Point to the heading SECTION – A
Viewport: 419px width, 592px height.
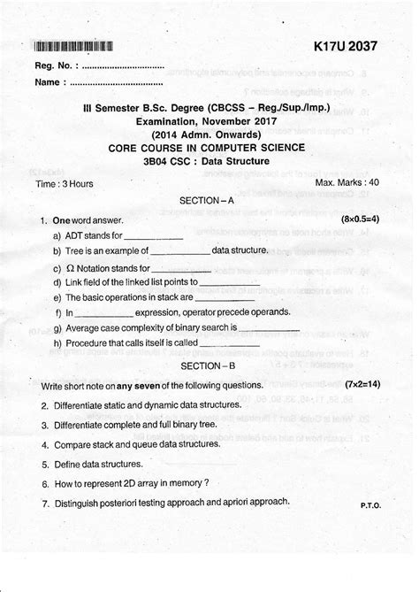coord(206,203)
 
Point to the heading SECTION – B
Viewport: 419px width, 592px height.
coord(206,365)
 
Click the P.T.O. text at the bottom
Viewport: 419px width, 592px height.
coord(370,504)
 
